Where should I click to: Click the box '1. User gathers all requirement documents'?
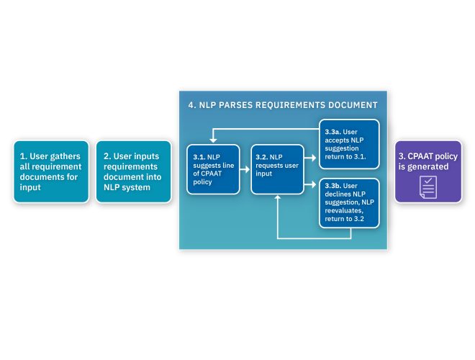[51, 171]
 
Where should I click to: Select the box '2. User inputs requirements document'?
[133, 171]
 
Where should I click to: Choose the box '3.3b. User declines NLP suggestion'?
[349, 205]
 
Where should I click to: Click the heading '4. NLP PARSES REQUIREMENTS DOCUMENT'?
[283, 105]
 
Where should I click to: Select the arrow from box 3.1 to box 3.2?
[244, 165]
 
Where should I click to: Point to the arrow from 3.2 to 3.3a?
[309, 156]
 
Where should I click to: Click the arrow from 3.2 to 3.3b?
[309, 186]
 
